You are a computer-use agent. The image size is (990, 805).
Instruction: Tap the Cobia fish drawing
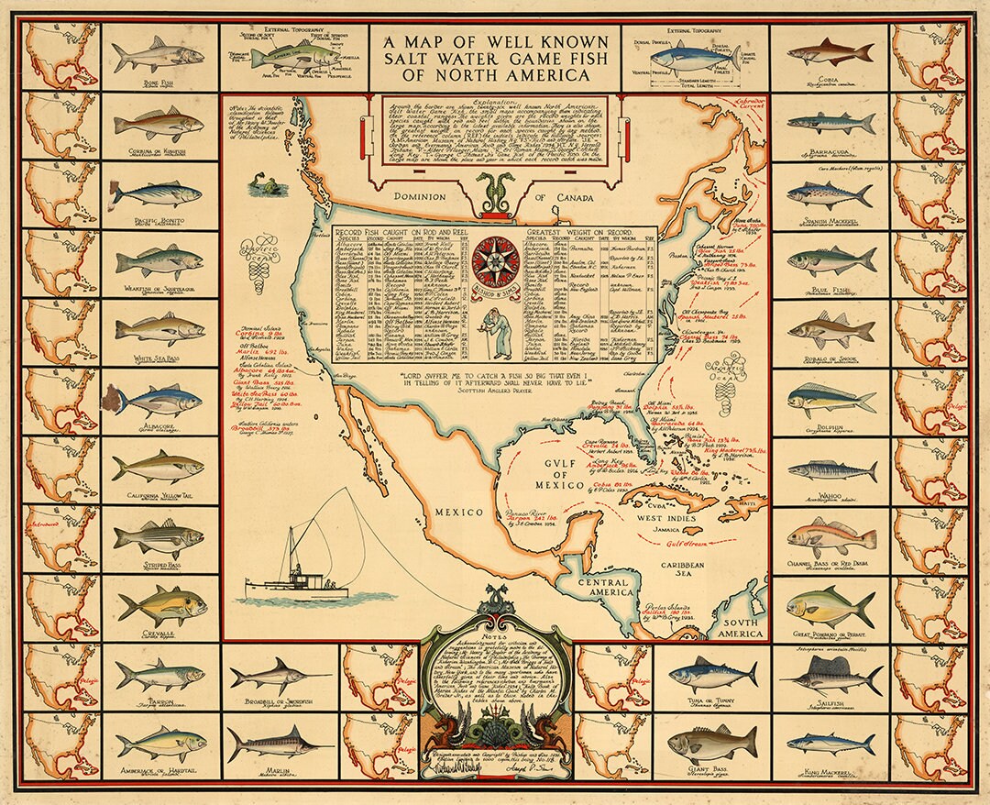pos(830,51)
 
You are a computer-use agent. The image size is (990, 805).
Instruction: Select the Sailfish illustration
pos(832,675)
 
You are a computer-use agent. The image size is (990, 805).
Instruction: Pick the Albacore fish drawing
pos(159,400)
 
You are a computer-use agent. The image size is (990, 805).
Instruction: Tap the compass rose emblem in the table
pos(495,260)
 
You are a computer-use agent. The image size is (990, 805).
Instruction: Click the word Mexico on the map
pos(458,512)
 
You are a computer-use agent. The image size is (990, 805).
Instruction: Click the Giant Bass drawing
pos(711,743)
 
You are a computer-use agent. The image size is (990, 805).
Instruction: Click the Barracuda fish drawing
pos(830,122)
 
